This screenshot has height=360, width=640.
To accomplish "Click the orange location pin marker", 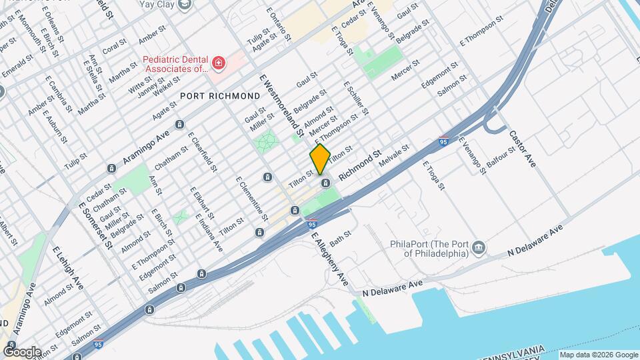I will pyautogui.click(x=320, y=159).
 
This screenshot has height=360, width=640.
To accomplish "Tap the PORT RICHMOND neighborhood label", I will pyautogui.click(x=220, y=96).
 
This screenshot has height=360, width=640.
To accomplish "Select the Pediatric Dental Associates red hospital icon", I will pyautogui.click(x=219, y=63).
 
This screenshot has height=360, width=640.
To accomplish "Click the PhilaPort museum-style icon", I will pyautogui.click(x=479, y=249).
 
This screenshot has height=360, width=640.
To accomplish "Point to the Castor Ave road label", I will pyautogui.click(x=522, y=148).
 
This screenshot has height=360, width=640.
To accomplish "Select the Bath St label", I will pyautogui.click(x=340, y=237).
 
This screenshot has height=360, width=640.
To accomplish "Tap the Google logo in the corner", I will pyautogui.click(x=21, y=351).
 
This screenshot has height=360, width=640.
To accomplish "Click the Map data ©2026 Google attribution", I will pyautogui.click(x=599, y=355).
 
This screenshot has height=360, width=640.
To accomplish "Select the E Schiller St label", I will pyautogui.click(x=356, y=98).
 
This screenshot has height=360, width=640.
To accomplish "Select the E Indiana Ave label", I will pyautogui.click(x=209, y=232).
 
